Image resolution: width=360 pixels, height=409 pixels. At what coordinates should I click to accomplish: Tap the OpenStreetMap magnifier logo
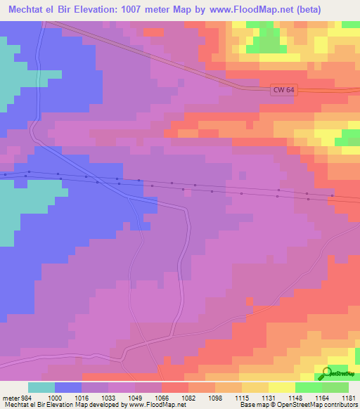[328, 373]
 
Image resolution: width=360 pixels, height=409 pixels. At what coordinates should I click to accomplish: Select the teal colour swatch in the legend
[41, 387]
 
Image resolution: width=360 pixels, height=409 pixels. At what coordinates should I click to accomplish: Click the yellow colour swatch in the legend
[281, 387]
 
